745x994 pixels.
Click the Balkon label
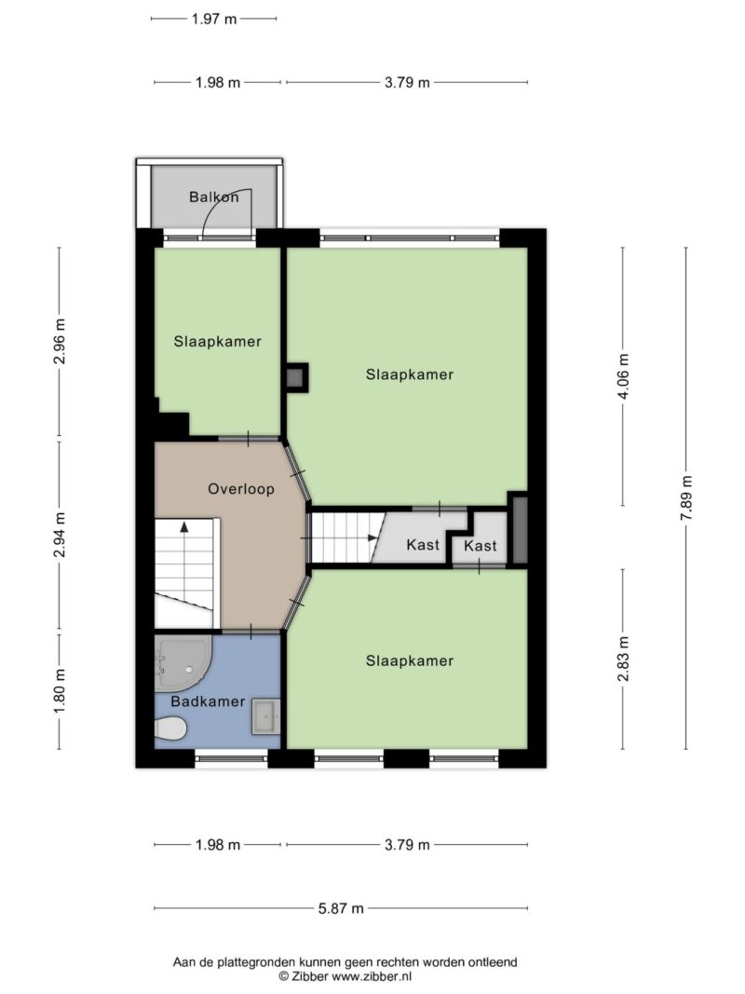[213, 197]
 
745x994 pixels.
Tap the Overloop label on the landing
[240, 488]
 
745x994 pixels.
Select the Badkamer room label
[208, 701]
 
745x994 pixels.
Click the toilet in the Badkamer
[170, 728]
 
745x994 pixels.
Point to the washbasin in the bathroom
[264, 717]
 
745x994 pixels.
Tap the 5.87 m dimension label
[340, 909]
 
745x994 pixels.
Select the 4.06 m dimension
[623, 376]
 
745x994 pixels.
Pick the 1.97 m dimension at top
[213, 18]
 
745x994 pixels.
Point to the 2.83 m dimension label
[623, 658]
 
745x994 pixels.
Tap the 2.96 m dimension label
[60, 342]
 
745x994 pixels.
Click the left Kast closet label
[423, 545]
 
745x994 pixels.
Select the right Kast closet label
[480, 546]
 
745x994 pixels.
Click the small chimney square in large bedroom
[296, 377]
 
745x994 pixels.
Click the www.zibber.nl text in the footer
[372, 975]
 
